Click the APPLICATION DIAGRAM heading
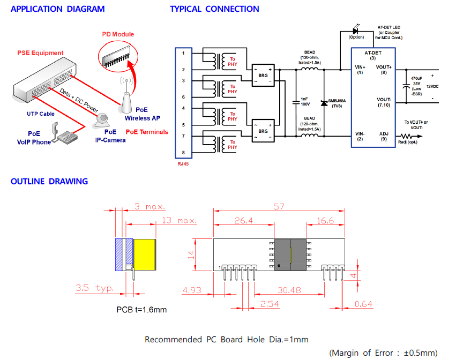pyautogui.click(x=57, y=9)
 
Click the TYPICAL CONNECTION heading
pyautogui.click(x=214, y=9)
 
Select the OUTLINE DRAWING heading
pyautogui.click(x=49, y=181)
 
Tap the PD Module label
pyautogui.click(x=118, y=34)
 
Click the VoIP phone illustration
pyautogui.click(x=67, y=133)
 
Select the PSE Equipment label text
pyautogui.click(x=40, y=53)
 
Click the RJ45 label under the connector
pyautogui.click(x=183, y=164)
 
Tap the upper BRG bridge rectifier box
pyautogui.click(x=263, y=76)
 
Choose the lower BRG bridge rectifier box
pyautogui.click(x=263, y=131)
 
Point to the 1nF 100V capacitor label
pyautogui.click(x=304, y=101)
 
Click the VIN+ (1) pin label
pyautogui.click(x=360, y=70)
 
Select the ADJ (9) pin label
pyautogui.click(x=383, y=136)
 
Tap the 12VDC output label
pyautogui.click(x=433, y=86)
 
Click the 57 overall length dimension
pyautogui.click(x=278, y=206)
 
